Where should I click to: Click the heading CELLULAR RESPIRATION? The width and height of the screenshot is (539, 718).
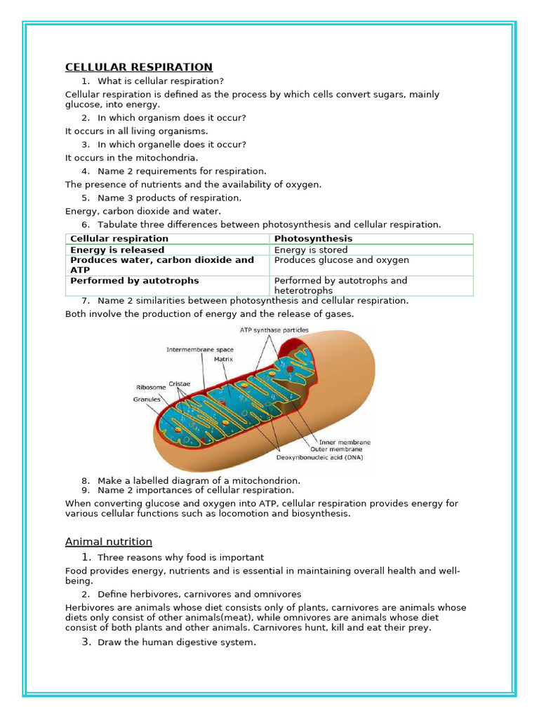click(138, 67)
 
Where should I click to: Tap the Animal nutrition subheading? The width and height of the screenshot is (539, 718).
click(108, 541)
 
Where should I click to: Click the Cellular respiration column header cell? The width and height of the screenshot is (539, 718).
click(119, 238)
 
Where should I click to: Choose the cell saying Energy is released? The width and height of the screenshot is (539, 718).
click(117, 250)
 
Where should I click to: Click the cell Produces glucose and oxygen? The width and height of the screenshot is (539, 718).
click(341, 260)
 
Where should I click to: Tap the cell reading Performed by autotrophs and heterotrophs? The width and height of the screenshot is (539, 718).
click(340, 285)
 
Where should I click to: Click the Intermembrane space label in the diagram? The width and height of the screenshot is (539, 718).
click(200, 349)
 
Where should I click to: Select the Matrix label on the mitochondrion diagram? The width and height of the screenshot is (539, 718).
click(223, 359)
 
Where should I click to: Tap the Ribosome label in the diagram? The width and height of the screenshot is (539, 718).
click(150, 386)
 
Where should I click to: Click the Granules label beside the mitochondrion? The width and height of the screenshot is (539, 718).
click(147, 399)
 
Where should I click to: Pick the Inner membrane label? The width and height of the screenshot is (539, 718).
click(345, 442)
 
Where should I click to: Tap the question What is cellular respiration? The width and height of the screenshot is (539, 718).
click(160, 81)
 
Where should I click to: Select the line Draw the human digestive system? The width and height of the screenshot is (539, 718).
click(176, 642)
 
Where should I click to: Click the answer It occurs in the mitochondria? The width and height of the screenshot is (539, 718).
click(132, 158)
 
